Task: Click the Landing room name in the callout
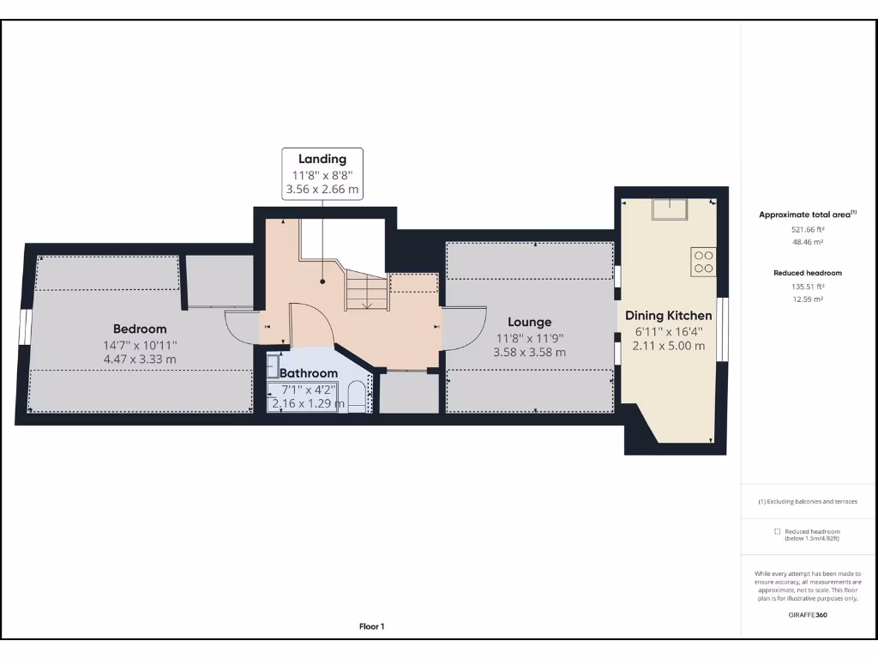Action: [322, 159]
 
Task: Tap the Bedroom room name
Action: [140, 329]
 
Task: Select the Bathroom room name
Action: [309, 373]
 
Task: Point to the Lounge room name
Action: [529, 322]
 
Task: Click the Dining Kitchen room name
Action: [668, 316]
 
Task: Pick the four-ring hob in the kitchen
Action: [704, 262]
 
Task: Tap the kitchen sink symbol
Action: [668, 209]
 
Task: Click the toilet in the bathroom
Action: [358, 398]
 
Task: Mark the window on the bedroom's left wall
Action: [26, 328]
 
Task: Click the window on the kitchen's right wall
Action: [721, 329]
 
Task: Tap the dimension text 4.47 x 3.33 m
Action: [140, 360]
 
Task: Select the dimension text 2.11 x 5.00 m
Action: [668, 346]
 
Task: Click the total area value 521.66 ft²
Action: [807, 230]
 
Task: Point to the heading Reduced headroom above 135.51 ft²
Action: [807, 273]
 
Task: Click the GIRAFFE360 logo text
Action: [807, 615]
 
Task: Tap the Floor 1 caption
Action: [371, 627]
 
